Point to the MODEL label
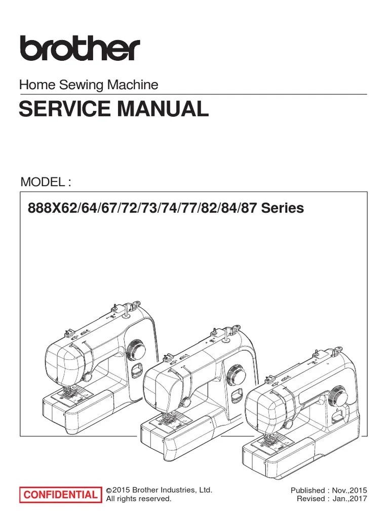tap(43, 182)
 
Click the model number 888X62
tap(46, 208)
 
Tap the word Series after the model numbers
tap(283, 208)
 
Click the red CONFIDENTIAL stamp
tap(60, 495)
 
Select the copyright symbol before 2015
tap(108, 490)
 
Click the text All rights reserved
tap(138, 499)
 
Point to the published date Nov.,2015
tap(350, 490)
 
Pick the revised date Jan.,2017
tap(351, 499)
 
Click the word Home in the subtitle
tap(32, 85)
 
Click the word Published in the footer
tap(307, 490)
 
